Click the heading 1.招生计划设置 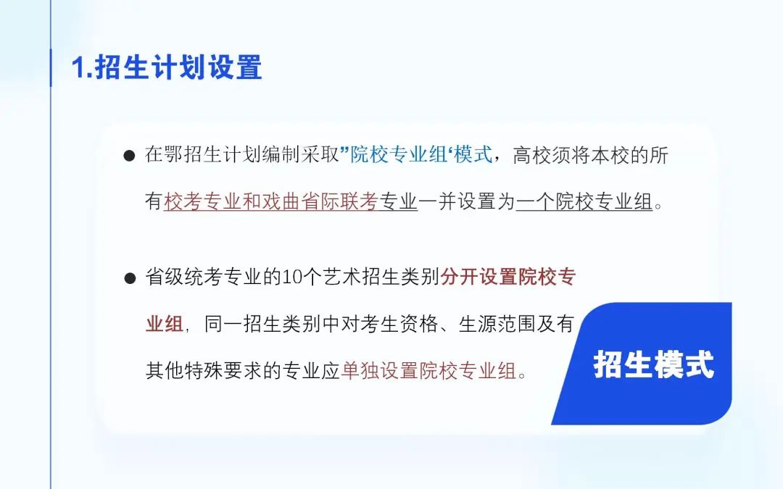167,67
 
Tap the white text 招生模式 654,364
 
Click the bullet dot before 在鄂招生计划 129,156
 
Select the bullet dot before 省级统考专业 130,278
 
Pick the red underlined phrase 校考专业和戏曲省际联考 271,202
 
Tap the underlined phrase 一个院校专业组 584,202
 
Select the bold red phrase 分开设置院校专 508,277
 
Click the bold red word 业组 165,325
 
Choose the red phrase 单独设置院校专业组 429,371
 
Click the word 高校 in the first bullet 532,155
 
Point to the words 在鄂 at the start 165,155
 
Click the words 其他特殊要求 204,371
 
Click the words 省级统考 183,277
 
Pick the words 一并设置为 467,202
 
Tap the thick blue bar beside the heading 51,68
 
